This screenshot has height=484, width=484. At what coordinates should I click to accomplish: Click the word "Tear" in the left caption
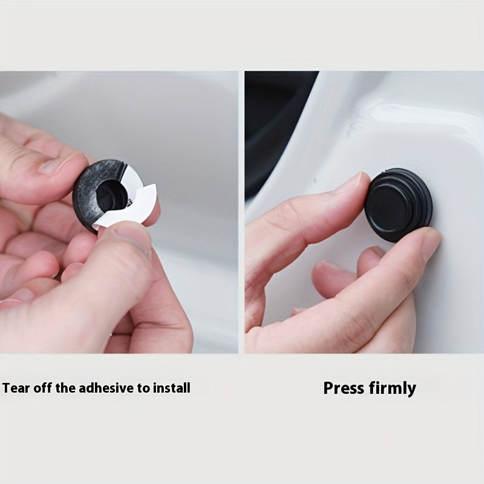tap(16, 388)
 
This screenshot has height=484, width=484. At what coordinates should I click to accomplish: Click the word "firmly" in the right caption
tap(392, 388)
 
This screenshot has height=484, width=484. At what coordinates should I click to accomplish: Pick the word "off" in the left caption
tap(43, 388)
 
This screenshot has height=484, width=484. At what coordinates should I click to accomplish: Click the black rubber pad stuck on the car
tap(398, 204)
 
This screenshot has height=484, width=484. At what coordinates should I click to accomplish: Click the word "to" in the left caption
tap(143, 388)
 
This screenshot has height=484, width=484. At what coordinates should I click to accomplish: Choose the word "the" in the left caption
tap(66, 388)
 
